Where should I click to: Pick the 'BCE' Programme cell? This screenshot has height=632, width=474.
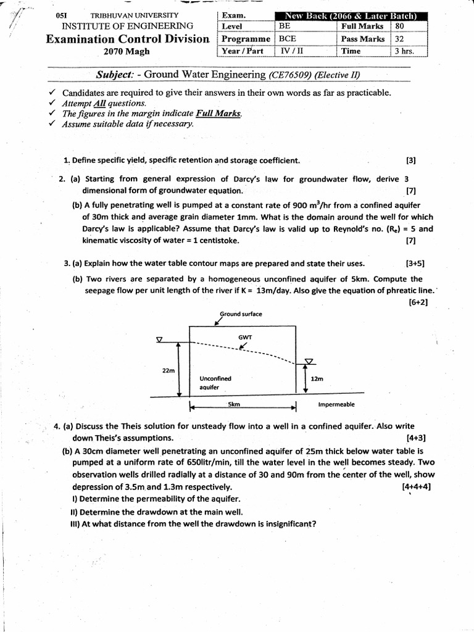tap(306, 39)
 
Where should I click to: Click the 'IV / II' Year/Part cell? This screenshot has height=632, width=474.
tap(306, 51)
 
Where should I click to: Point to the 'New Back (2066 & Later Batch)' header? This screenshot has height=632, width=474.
tap(349, 15)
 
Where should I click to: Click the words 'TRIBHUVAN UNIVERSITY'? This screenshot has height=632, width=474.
tap(134, 15)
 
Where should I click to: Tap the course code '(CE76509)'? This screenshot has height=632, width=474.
tap(290, 75)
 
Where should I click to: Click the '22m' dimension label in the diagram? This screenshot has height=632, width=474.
tap(168, 370)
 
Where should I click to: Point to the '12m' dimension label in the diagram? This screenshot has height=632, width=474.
tap(317, 378)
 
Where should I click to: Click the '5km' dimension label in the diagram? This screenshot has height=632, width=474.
tap(234, 404)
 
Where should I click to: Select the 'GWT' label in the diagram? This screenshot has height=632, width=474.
tap(245, 337)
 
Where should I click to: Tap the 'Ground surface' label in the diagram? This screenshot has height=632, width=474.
tap(241, 314)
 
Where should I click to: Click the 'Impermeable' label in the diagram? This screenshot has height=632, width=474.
tap(336, 405)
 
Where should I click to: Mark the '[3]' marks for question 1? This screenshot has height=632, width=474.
tap(411, 161)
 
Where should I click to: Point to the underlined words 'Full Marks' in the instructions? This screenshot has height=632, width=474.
tap(218, 114)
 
